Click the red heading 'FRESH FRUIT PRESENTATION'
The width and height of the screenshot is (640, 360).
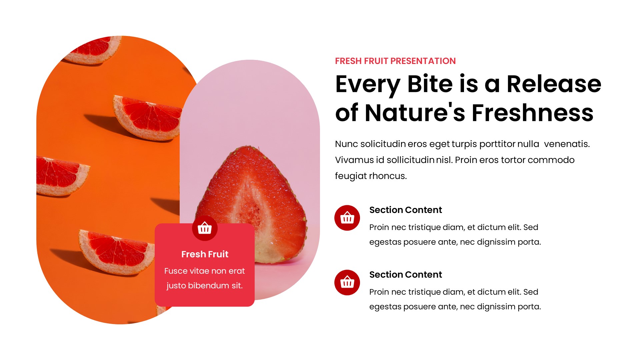tap(395, 61)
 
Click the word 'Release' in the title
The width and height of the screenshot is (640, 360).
tap(554, 84)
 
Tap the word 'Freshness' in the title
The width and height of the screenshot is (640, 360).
tap(532, 113)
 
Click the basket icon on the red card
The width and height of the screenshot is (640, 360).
tap(205, 228)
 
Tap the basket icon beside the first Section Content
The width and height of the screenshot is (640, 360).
tap(347, 218)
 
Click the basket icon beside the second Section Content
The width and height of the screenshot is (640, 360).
tap(347, 283)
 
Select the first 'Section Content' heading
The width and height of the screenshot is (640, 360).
tap(405, 210)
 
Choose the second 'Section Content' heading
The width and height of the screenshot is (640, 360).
tap(405, 275)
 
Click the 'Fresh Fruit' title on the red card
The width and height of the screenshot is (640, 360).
tap(205, 254)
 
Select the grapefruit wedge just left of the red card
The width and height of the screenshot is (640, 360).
tap(117, 252)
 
